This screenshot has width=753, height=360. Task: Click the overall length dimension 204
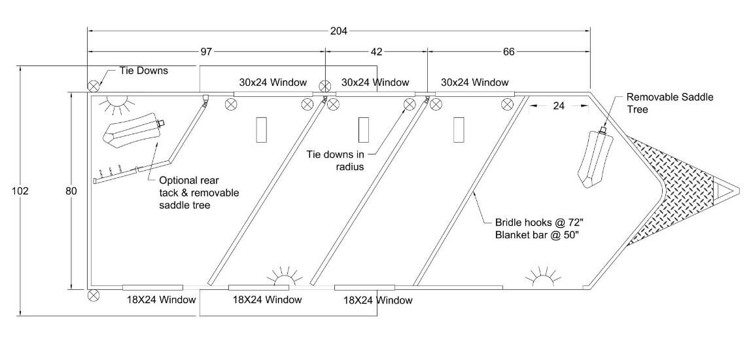click(x=339, y=30)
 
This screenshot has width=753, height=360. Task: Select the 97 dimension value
click(x=207, y=51)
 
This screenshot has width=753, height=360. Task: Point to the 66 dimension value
click(x=508, y=51)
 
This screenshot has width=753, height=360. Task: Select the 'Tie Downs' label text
click(x=143, y=71)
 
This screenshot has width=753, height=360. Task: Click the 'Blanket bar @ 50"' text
click(x=535, y=236)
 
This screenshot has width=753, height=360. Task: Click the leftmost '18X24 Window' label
click(x=161, y=300)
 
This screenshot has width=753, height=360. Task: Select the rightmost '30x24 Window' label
click(x=474, y=82)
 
